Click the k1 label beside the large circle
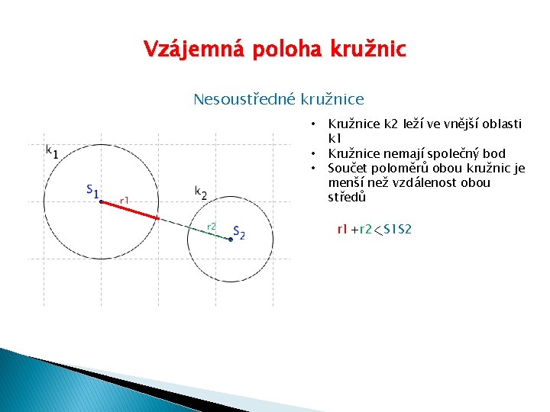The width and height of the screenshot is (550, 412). coord(52,151)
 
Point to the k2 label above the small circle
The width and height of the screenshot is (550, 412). coord(201,192)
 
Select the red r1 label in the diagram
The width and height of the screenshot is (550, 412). coord(125,201)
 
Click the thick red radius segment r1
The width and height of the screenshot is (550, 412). coord(130,210)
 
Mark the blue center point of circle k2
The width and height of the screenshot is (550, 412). coord(231,239)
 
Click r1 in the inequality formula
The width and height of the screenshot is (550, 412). coord(342,229)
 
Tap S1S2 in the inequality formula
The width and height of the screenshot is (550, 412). coord(397,229)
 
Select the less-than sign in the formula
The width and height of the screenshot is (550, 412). coord(377,230)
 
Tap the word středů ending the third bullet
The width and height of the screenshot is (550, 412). coord(347,198)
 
